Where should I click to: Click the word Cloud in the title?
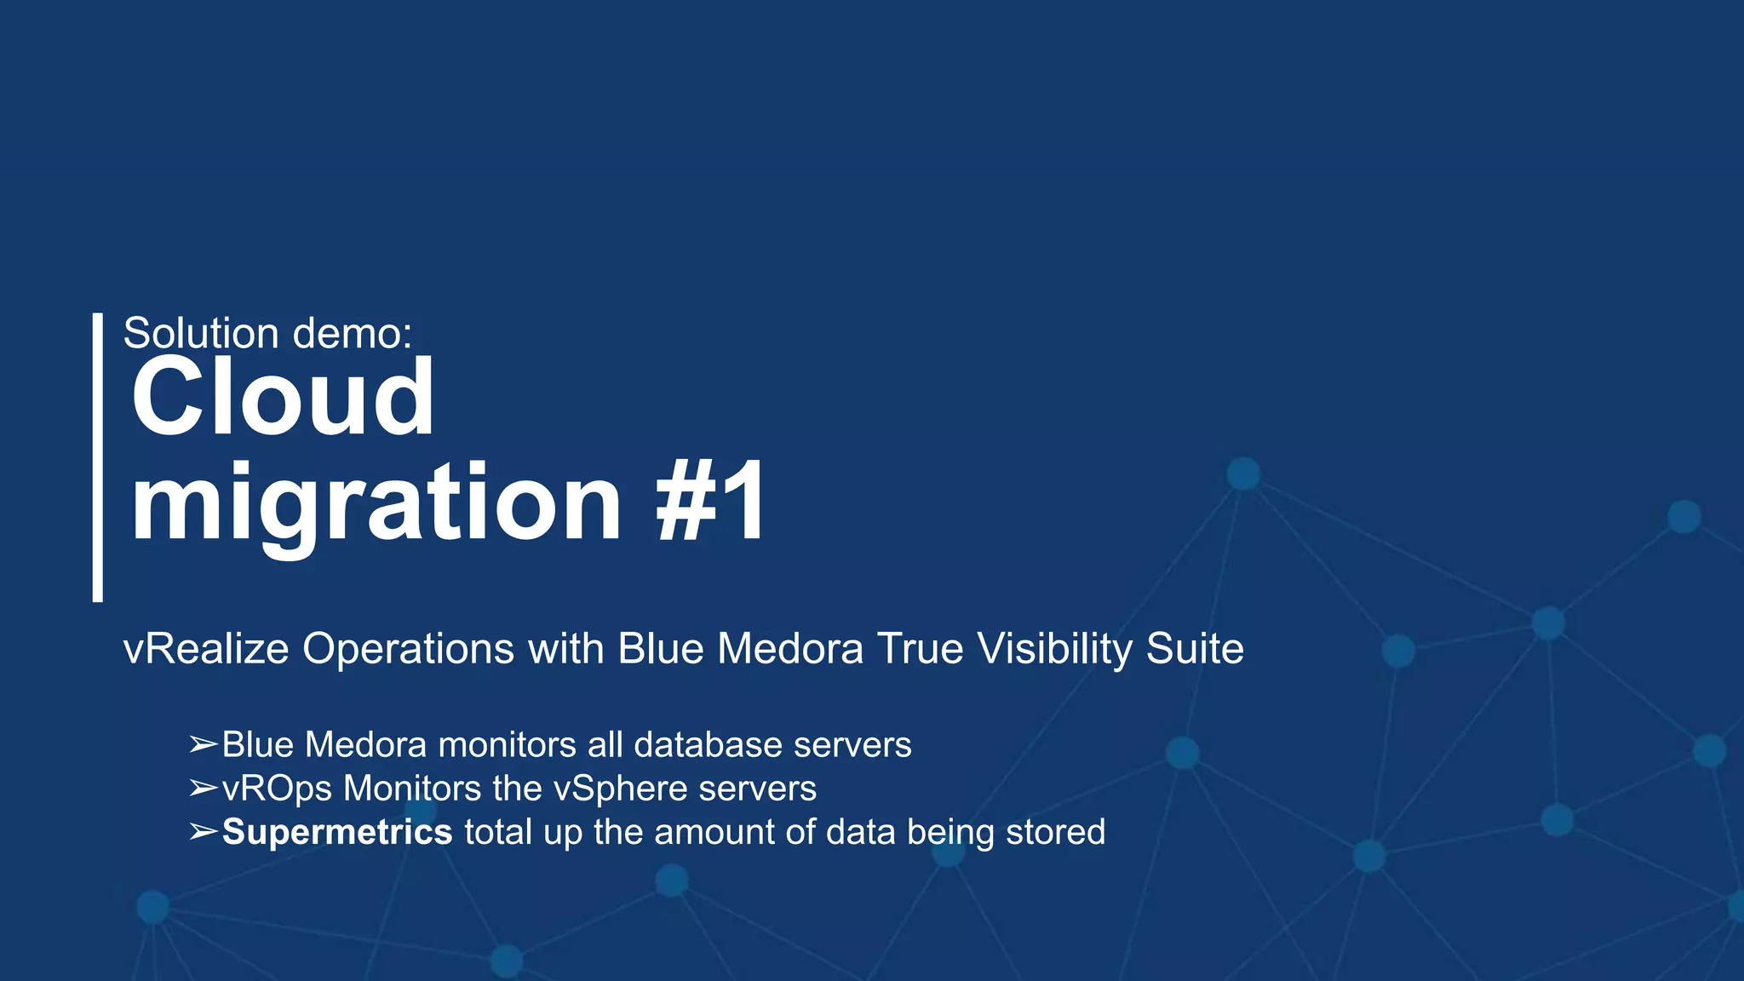pyautogui.click(x=282, y=397)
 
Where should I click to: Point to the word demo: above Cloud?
pyautogui.click(x=352, y=333)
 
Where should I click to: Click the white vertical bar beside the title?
pyautogui.click(x=98, y=457)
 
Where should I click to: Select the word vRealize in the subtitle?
pyautogui.click(x=206, y=649)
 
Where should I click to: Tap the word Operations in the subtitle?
pyautogui.click(x=408, y=649)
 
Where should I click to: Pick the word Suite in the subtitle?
pyautogui.click(x=1195, y=649)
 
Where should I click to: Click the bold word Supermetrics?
pyautogui.click(x=337, y=832)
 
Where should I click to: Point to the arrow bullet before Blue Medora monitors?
pyautogui.click(x=204, y=745)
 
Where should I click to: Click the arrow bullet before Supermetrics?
pyautogui.click(x=204, y=832)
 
